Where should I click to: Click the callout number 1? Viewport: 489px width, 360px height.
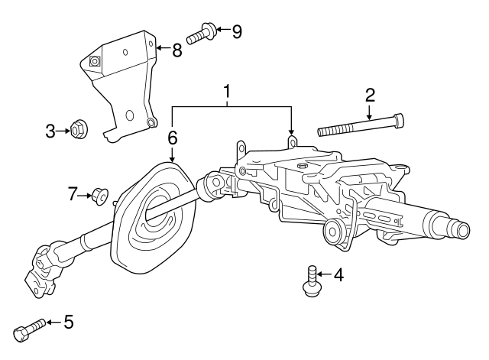[x=227, y=93]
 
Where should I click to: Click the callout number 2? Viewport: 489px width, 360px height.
[x=370, y=96]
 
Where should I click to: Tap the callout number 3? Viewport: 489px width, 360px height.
[x=50, y=131]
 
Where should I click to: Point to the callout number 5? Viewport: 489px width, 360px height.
[x=69, y=323]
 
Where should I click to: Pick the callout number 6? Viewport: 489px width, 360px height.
[x=173, y=138]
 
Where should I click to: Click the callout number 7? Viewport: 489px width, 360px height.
[x=73, y=195]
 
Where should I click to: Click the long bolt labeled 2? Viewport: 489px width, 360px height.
[x=359, y=126]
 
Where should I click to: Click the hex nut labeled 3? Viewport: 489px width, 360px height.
[x=77, y=131]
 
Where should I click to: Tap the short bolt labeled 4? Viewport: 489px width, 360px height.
[x=311, y=281]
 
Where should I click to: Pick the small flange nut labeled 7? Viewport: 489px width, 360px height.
[x=99, y=196]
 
